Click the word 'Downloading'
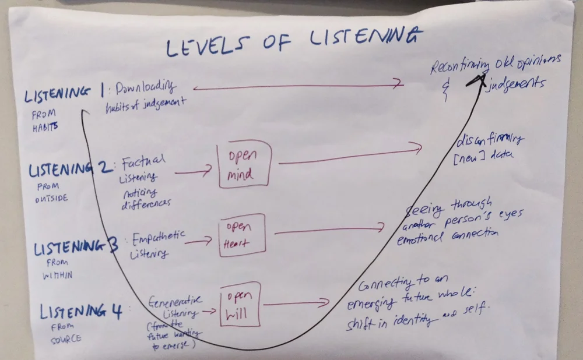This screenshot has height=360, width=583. point(144,87)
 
